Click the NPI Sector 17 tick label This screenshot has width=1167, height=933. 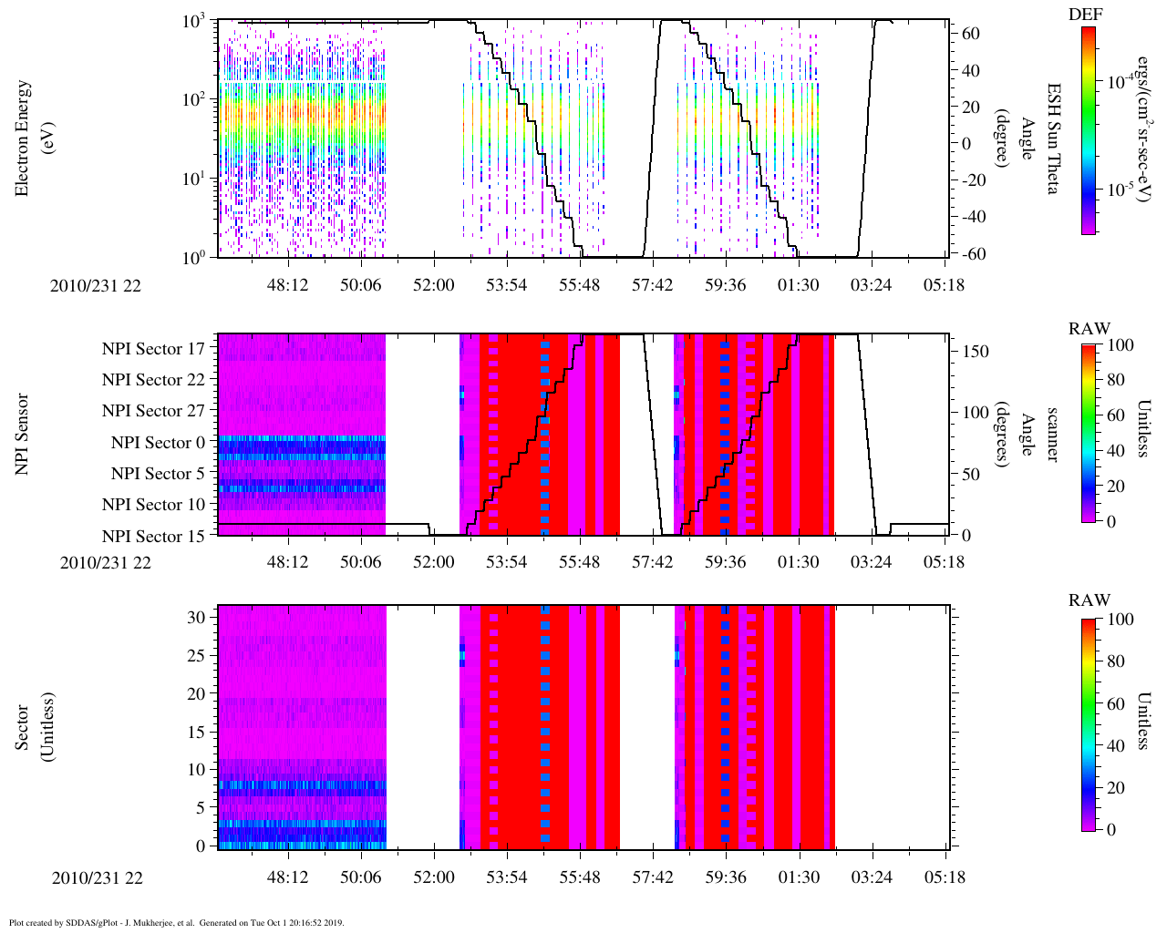[153, 349]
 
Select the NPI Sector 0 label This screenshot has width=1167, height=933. [158, 443]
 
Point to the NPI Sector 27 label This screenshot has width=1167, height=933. [153, 411]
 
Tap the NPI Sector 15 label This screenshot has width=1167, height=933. [153, 537]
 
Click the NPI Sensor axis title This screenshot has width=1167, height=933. [23, 434]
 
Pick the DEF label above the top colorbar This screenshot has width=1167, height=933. [1084, 15]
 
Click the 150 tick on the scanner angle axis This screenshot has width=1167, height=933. [976, 352]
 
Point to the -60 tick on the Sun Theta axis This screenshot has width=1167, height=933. [973, 254]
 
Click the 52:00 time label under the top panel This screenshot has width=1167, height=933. [433, 285]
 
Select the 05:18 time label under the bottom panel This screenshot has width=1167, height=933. [944, 877]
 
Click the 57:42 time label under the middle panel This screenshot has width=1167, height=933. [652, 562]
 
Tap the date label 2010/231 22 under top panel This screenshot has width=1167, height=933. [96, 285]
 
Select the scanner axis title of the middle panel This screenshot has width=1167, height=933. [1051, 434]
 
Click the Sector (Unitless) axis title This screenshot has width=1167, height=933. [34, 726]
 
